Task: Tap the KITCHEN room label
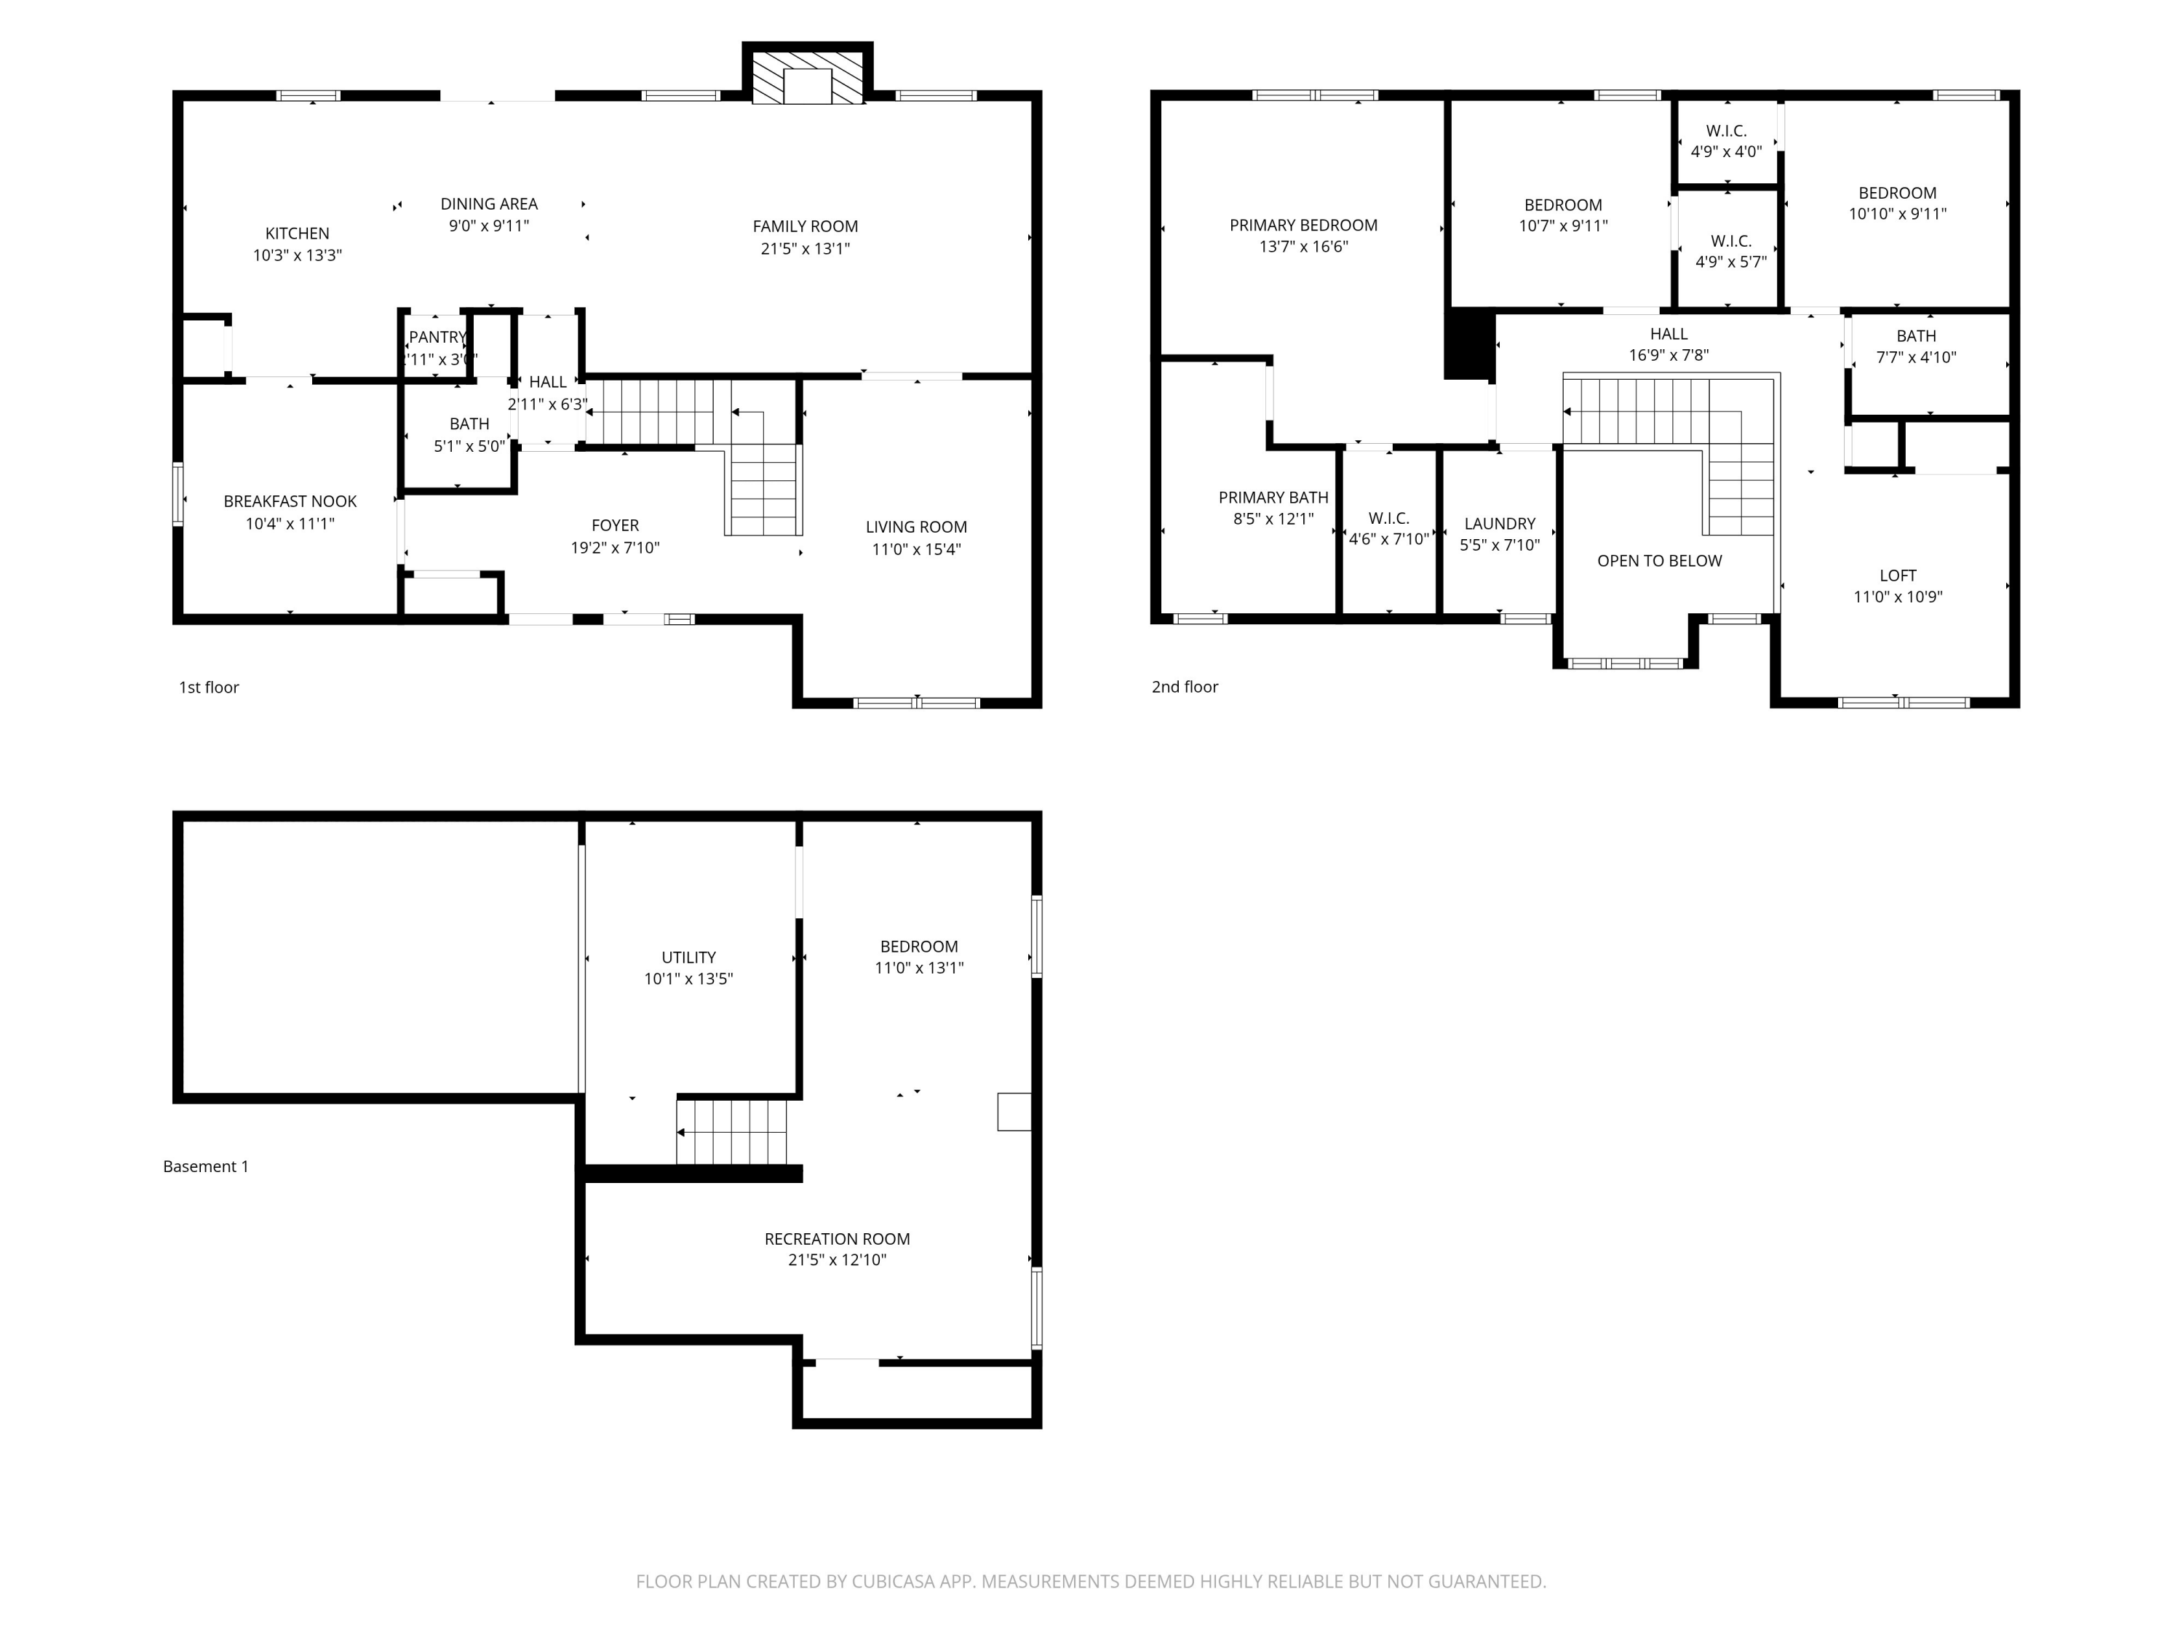297,234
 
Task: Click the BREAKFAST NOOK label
290,501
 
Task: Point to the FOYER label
615,525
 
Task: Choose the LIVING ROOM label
916,527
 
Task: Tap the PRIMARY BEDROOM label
1303,225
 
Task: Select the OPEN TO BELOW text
1659,560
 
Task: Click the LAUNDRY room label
1499,523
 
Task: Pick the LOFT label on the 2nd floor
1897,575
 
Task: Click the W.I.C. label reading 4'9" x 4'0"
1726,130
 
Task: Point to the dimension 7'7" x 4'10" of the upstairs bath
1915,357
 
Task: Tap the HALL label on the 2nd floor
1668,333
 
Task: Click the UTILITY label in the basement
688,957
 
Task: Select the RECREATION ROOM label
837,1238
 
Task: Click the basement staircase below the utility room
732,1132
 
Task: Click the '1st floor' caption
208,687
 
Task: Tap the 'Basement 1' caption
205,1166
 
